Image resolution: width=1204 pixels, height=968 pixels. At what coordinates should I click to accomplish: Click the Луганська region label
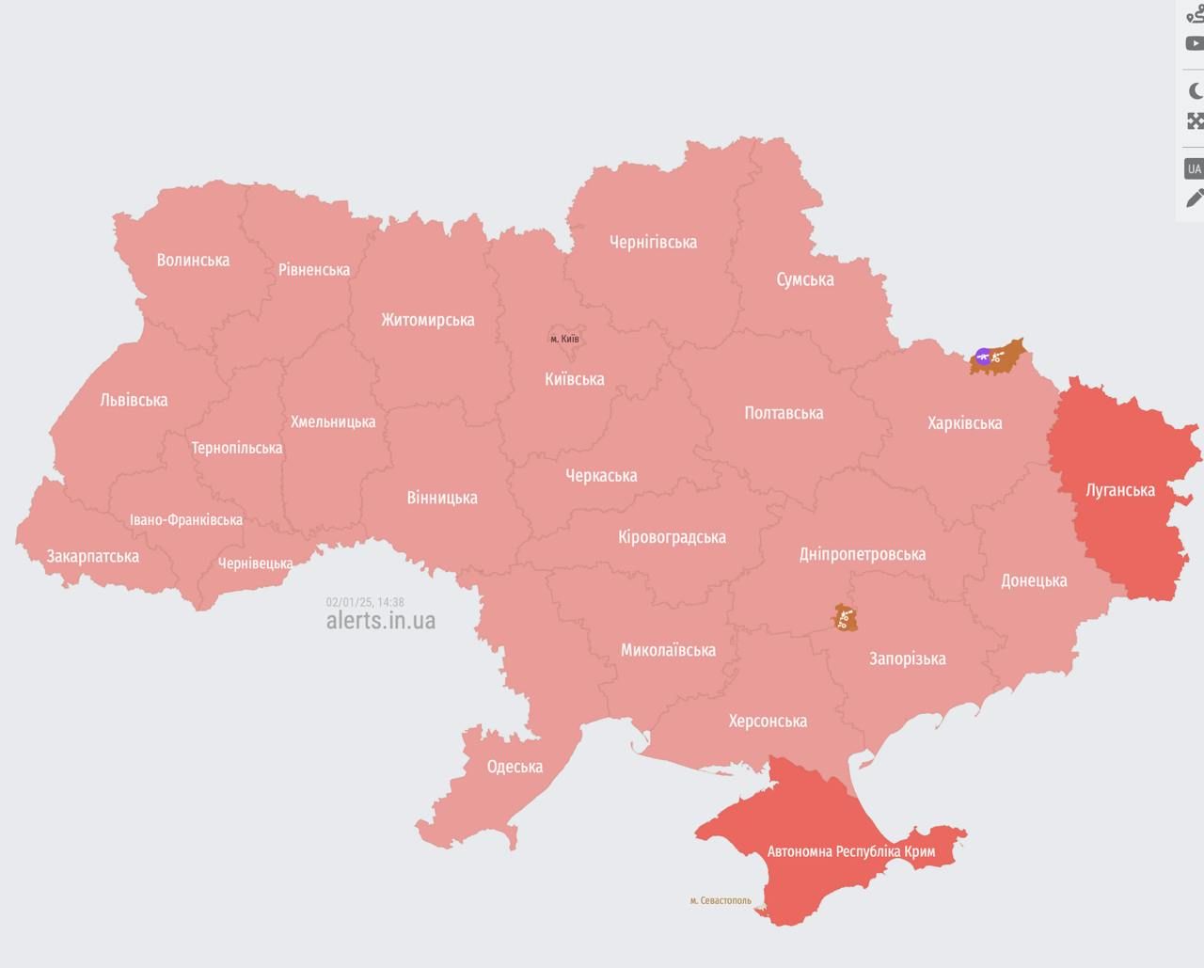click(1119, 490)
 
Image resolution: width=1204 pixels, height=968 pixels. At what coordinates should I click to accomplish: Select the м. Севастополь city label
click(721, 900)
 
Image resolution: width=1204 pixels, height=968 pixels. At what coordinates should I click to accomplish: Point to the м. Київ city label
click(564, 339)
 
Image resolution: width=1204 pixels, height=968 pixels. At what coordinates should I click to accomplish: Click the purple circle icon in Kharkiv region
click(983, 356)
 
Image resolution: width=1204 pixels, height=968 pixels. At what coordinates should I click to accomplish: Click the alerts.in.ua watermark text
click(380, 621)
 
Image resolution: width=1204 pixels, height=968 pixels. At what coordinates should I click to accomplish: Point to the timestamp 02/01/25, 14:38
click(365, 602)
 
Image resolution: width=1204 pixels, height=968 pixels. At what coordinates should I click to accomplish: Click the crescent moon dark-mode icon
click(1195, 91)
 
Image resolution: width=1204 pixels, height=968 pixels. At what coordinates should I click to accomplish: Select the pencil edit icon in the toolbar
click(1195, 198)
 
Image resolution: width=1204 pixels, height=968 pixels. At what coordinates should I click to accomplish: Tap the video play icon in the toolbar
click(1195, 43)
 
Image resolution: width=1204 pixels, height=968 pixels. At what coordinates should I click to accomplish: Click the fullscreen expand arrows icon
click(1195, 120)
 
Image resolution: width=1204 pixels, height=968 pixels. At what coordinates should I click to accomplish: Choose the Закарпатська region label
click(93, 556)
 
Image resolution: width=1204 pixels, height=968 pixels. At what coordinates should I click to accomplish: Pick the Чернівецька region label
click(255, 563)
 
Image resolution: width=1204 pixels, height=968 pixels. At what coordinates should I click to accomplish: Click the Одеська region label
click(515, 767)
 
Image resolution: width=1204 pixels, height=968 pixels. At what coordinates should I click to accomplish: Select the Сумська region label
click(805, 279)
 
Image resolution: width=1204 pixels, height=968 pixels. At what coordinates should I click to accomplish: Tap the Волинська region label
click(193, 261)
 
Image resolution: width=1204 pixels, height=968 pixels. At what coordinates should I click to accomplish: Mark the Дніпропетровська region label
click(862, 554)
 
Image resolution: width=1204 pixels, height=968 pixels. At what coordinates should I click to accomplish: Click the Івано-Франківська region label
click(186, 520)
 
